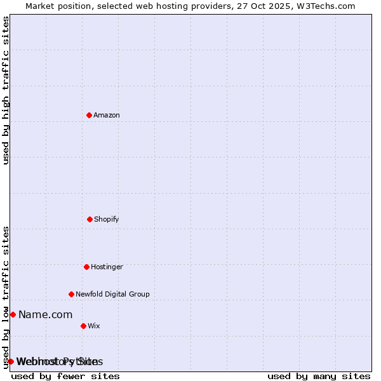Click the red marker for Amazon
[x=89, y=115]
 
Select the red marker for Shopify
[x=90, y=219]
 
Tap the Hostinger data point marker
[x=86, y=267]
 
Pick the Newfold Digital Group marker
[x=71, y=294]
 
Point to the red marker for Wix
[x=83, y=326]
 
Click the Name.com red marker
[x=13, y=314]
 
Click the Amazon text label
[x=107, y=115]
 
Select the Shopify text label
[x=107, y=219]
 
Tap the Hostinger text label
[x=107, y=267]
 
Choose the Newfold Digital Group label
[x=112, y=294]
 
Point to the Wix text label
[x=94, y=326]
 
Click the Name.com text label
[x=45, y=314]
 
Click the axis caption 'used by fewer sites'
[x=65, y=376]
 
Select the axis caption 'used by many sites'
[x=319, y=376]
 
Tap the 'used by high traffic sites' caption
[x=6, y=90]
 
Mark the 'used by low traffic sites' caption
[x=6, y=297]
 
